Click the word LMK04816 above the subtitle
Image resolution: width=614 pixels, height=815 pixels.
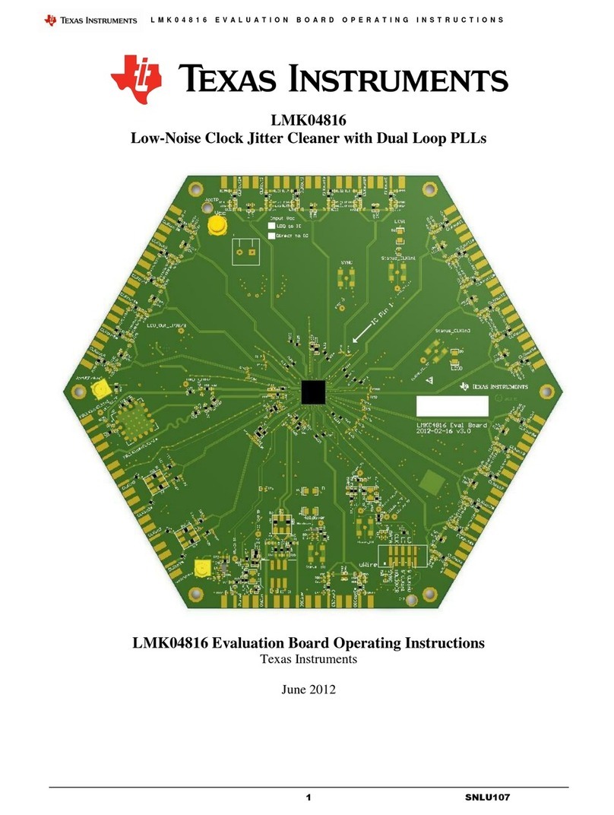307,120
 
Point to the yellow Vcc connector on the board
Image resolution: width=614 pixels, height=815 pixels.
217,225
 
